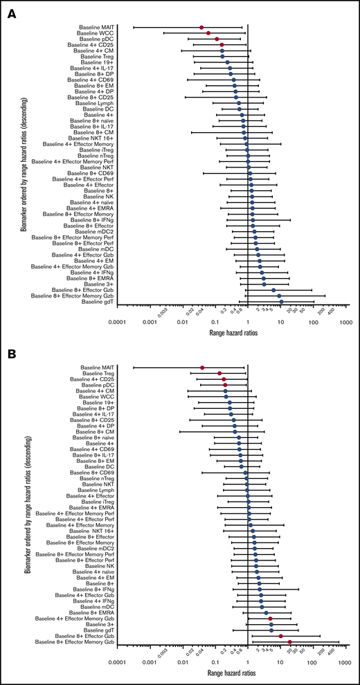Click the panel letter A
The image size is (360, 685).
12,12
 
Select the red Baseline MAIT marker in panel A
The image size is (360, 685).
202,27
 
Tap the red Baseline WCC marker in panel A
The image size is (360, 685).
208,33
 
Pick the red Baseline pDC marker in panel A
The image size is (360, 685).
217,39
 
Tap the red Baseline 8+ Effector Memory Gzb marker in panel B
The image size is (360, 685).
290,643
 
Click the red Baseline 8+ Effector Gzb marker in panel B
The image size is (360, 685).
281,637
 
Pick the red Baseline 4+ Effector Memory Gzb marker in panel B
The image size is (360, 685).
271,619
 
